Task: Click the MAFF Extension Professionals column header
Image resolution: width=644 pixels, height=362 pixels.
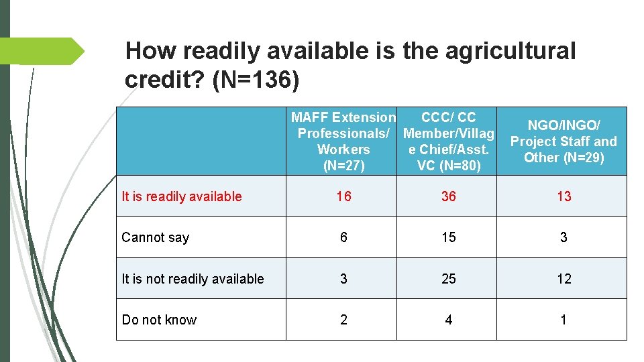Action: [x=343, y=141]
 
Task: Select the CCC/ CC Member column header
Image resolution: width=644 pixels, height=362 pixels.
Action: [x=448, y=141]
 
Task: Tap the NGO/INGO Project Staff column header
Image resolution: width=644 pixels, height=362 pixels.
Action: [x=563, y=141]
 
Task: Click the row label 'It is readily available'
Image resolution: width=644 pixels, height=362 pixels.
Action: [x=181, y=196]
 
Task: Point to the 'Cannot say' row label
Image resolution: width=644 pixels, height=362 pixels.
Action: [x=156, y=237]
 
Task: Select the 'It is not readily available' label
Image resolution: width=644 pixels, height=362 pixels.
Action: [x=193, y=279]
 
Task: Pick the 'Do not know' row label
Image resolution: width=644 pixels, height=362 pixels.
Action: [x=159, y=320]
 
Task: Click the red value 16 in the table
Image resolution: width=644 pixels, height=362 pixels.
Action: [x=343, y=196]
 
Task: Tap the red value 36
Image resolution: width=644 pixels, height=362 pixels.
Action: [x=449, y=196]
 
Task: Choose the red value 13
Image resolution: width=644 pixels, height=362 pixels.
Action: [x=564, y=196]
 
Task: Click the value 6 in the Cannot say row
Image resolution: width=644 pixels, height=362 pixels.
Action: [x=343, y=237]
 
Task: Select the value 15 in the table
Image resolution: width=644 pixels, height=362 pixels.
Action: [x=449, y=237]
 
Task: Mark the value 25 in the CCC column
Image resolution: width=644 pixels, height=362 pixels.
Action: [x=449, y=279]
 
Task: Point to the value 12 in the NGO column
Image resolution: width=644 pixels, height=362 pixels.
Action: [x=564, y=279]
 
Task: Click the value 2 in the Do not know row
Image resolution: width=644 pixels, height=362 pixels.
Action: [x=343, y=320]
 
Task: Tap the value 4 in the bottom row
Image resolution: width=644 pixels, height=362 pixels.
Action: [x=449, y=320]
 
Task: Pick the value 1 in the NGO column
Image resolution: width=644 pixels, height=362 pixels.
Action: [x=563, y=320]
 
